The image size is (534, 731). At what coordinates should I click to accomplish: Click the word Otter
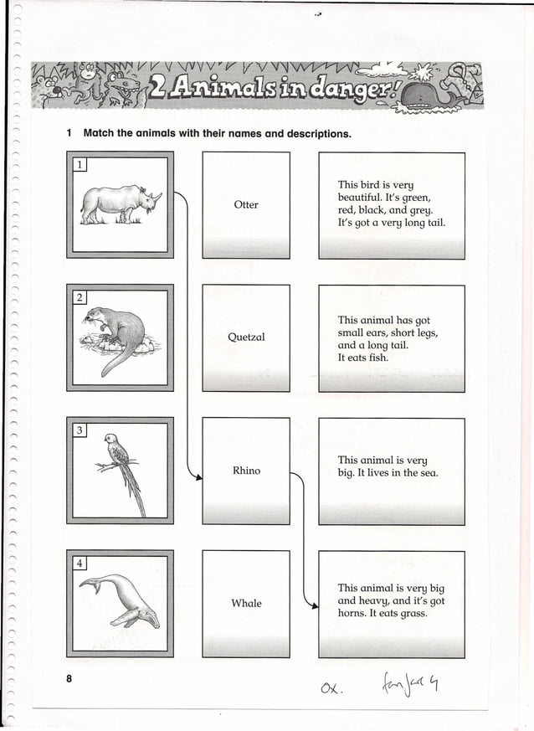click(x=246, y=204)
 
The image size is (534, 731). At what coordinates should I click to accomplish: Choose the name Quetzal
click(x=246, y=337)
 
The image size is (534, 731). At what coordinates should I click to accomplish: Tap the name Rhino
click(x=246, y=471)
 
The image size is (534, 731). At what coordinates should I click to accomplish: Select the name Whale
click(x=246, y=603)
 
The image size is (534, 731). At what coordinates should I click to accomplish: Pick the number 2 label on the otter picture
click(x=78, y=297)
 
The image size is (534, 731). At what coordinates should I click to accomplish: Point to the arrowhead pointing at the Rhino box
click(x=198, y=477)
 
